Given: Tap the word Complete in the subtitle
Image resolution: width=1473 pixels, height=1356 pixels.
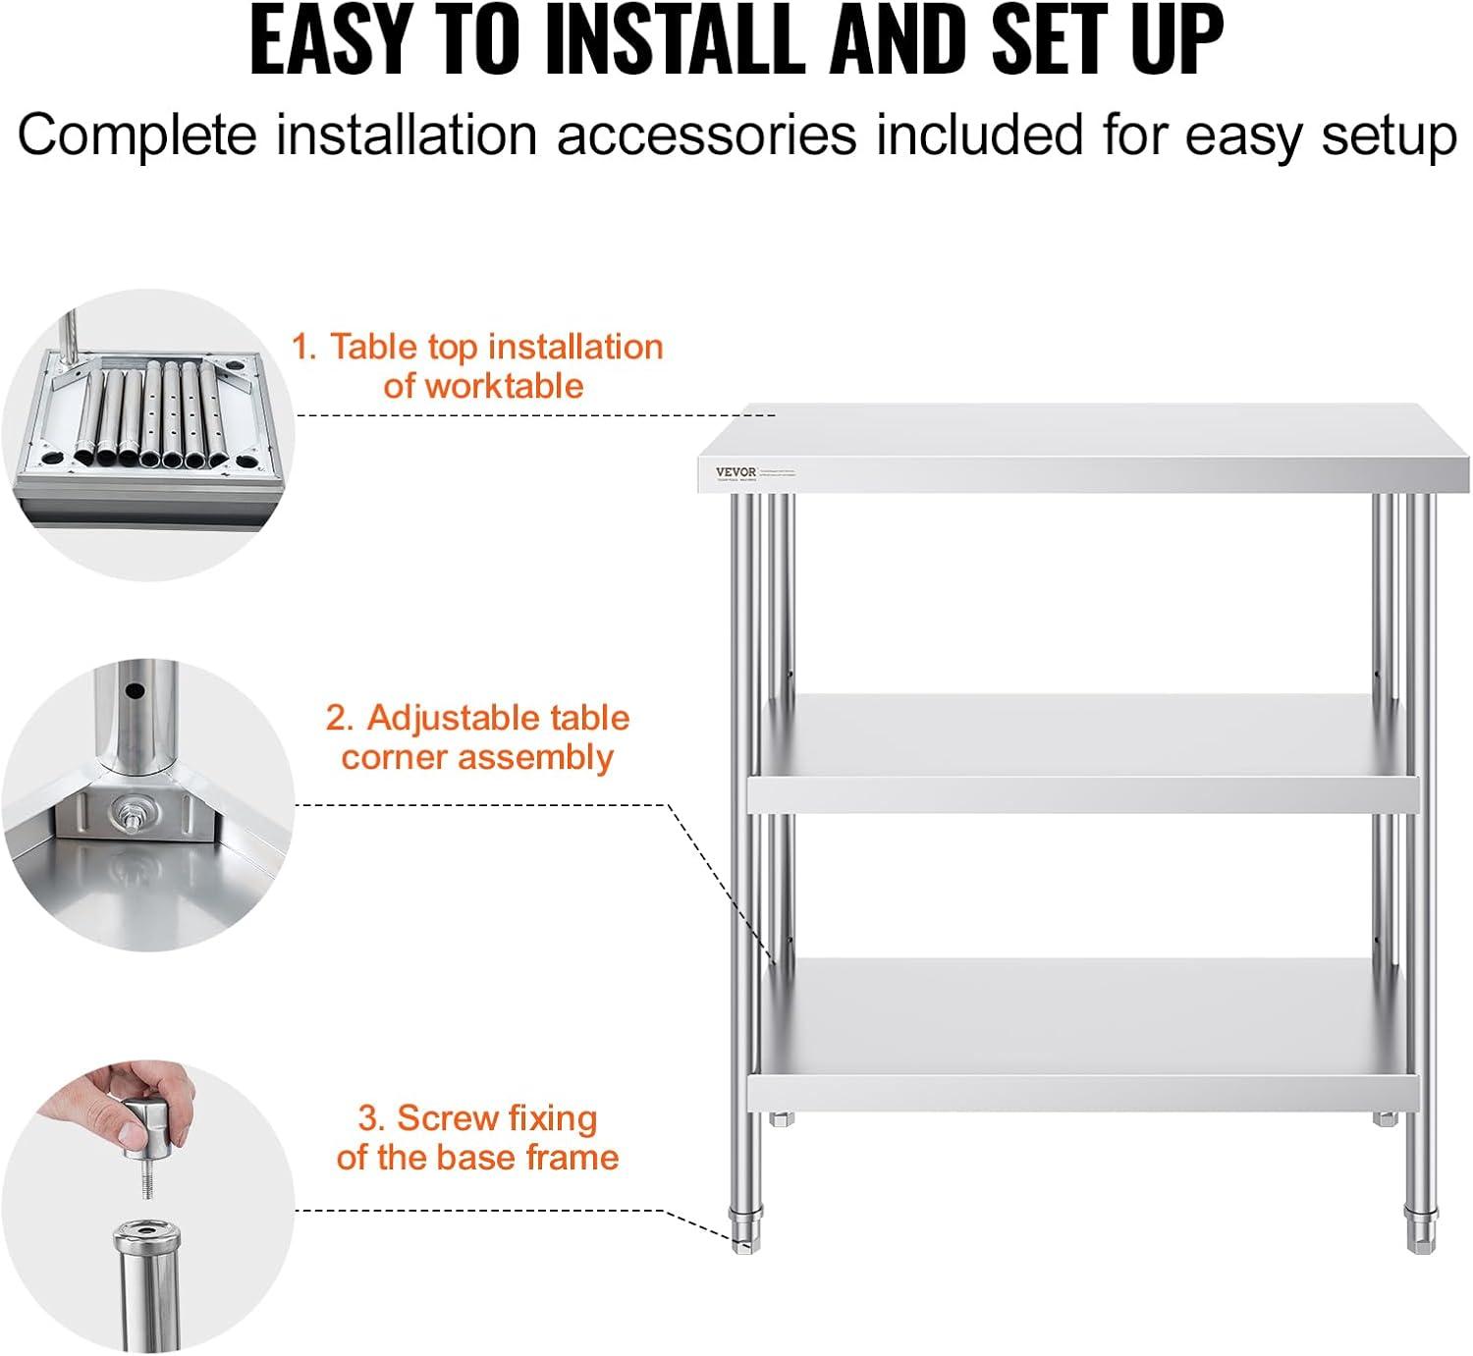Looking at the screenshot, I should pos(137,135).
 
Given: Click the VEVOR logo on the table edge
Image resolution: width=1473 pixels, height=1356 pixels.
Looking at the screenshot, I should pos(736,472).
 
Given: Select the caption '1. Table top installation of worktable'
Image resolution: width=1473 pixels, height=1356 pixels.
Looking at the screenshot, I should pos(477,365).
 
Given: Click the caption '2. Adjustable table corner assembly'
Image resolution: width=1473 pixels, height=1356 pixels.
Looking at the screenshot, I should pos(477,737).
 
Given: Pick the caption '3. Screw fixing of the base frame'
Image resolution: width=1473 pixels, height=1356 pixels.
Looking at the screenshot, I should pos(477,1137).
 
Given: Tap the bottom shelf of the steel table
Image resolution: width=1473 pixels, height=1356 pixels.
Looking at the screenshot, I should pos(1080,1031).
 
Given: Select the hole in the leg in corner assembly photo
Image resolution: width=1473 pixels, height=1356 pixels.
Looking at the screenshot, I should pos(132,690).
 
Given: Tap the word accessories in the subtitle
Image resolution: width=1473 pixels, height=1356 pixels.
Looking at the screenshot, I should pos(706,135).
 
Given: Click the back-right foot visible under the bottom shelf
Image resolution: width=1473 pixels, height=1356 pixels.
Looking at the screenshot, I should pos(1385,1118).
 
